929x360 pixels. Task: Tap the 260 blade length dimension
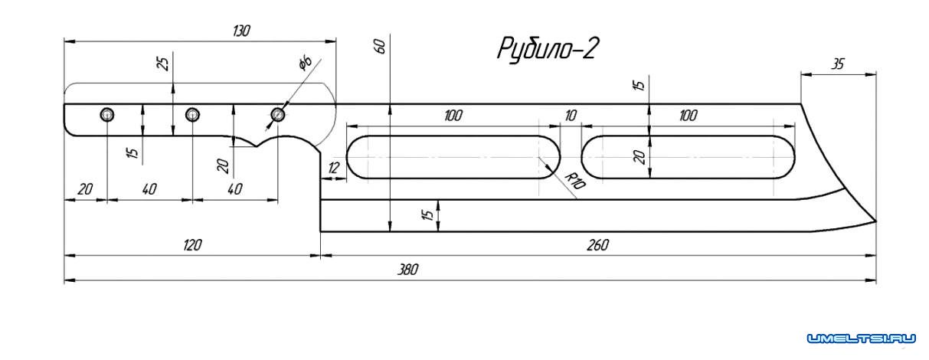point(597,245)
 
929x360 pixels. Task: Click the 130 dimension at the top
point(241,31)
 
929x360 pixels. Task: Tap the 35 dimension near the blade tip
point(837,64)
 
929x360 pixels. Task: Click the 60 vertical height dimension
point(380,47)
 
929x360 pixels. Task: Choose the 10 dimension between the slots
point(570,116)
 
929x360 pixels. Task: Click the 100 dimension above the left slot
point(453,116)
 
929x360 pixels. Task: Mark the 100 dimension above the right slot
point(687,116)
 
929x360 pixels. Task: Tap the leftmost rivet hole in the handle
point(107,115)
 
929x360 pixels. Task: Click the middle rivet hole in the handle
point(192,115)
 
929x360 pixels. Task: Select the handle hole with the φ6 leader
point(277,115)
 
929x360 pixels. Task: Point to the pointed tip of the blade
point(873,221)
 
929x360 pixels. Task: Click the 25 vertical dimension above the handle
point(162,63)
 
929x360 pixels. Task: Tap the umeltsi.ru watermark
point(861,338)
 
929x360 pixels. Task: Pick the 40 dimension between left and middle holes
point(149,188)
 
